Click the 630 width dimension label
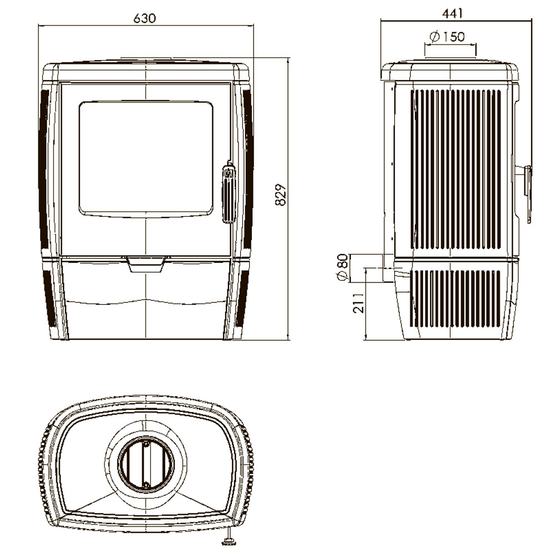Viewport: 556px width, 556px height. (x=145, y=18)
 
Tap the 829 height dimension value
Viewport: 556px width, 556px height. (x=280, y=195)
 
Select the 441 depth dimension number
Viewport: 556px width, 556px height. (x=453, y=13)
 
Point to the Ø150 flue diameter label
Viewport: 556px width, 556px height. (x=447, y=37)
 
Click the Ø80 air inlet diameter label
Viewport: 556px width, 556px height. (x=342, y=267)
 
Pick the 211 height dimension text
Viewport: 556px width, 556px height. (x=359, y=303)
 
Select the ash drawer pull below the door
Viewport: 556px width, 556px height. (x=146, y=265)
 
